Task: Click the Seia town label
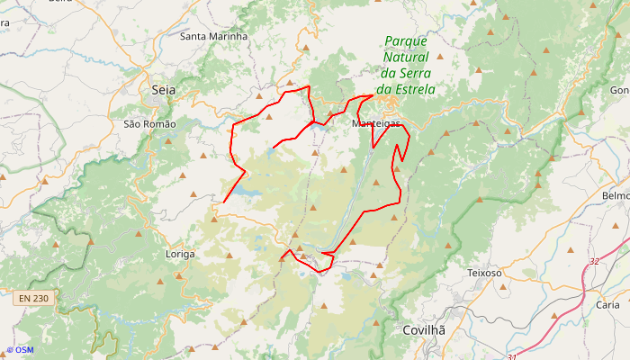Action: [164, 90]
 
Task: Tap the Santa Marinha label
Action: [214, 36]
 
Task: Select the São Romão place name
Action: [150, 123]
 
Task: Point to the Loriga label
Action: [181, 254]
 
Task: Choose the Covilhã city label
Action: [424, 330]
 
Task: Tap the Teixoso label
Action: [490, 272]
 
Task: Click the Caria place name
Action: [607, 304]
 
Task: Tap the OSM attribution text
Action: [24, 350]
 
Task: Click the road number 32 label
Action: [594, 261]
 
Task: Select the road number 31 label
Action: [512, 357]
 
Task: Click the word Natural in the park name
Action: [409, 57]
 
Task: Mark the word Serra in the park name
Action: [418, 73]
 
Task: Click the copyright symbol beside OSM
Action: [10, 350]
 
